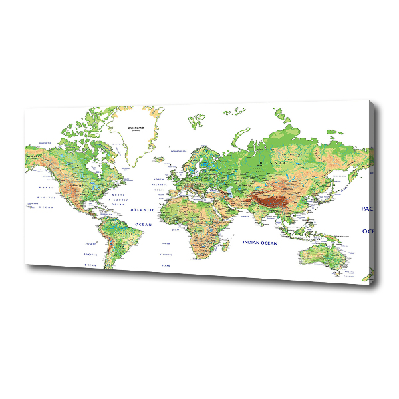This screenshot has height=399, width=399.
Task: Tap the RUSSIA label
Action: pyautogui.click(x=273, y=162)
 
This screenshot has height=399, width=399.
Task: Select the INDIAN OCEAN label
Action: pyautogui.click(x=259, y=243)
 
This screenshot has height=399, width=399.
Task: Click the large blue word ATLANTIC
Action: pyautogui.click(x=142, y=210)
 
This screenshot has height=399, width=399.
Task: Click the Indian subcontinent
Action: pyautogui.click(x=256, y=216)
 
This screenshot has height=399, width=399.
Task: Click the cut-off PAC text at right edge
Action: pyautogui.click(x=368, y=209)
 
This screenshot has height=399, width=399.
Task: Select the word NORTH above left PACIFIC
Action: pyautogui.click(x=45, y=188)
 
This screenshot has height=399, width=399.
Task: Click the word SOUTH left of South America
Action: pyautogui.click(x=90, y=245)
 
